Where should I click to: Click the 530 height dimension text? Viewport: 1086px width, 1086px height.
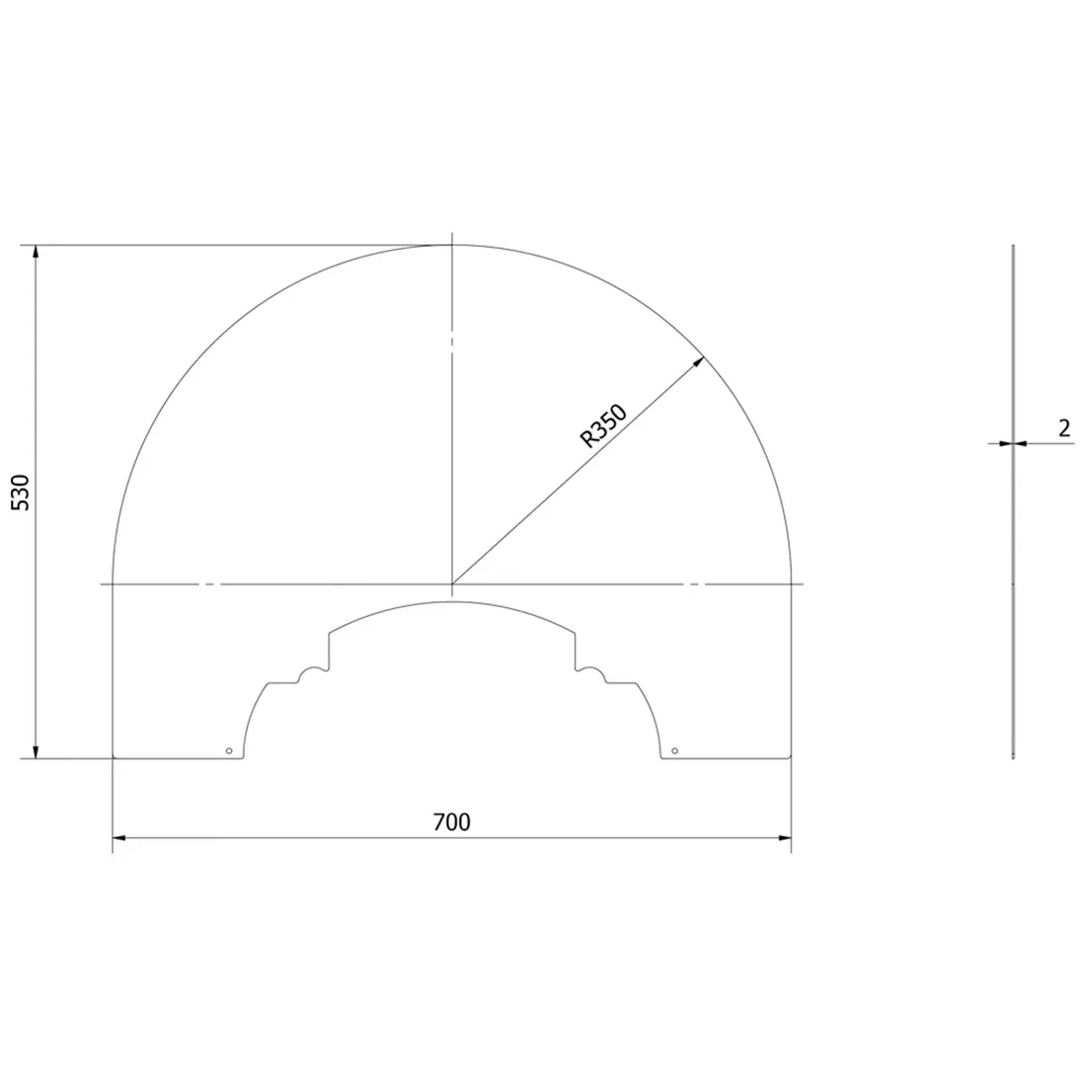[x=22, y=493]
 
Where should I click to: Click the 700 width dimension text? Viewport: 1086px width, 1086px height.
[x=451, y=822]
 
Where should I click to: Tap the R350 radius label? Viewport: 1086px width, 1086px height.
[x=603, y=426]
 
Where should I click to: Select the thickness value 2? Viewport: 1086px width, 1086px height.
[x=1064, y=428]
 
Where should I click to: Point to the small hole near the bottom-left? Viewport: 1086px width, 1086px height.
[x=229, y=750]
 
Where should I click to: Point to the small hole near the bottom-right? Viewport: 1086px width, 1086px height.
[x=674, y=750]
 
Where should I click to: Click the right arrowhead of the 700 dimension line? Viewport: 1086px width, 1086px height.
[x=785, y=838]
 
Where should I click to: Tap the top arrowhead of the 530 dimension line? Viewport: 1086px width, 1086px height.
[x=36, y=252]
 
